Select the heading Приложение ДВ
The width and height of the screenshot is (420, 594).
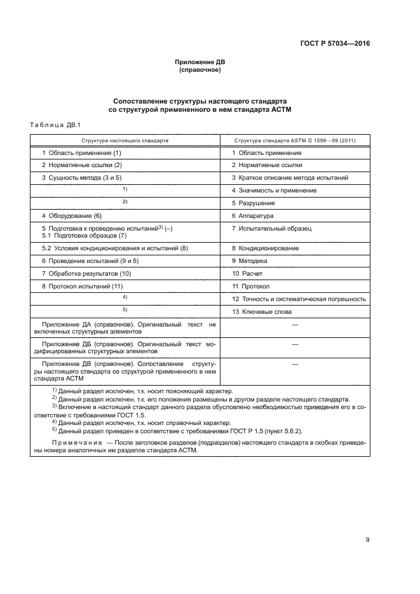tap(200, 62)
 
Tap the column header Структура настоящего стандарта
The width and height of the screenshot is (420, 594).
tap(125, 140)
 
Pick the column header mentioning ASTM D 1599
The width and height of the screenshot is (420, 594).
tap(294, 140)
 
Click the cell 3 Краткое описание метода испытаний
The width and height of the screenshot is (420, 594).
tap(290, 178)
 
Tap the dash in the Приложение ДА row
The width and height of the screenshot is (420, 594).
tap(294, 325)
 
